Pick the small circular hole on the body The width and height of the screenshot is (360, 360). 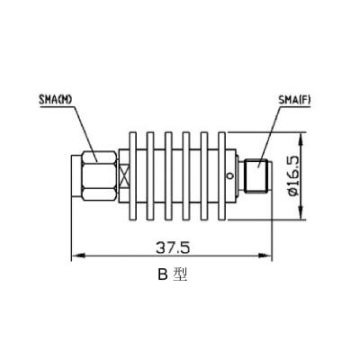[x=229, y=175]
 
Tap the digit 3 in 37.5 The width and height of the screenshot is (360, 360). [x=157, y=244]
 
